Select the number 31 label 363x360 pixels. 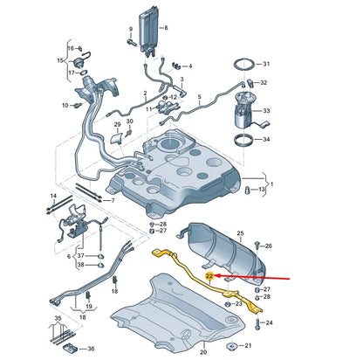(267, 64)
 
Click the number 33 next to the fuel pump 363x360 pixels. (267, 111)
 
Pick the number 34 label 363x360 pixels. (267, 139)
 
